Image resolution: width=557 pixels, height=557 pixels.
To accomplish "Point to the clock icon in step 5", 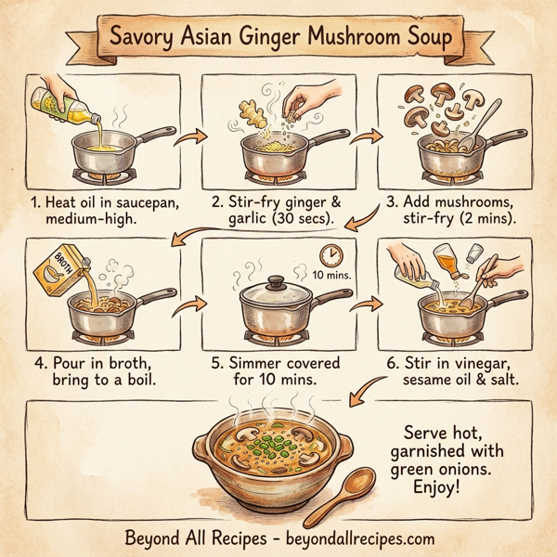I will point(328,254).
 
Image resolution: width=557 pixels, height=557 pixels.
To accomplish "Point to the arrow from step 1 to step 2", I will point(192,138).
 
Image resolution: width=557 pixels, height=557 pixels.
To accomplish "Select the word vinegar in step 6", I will point(491,363).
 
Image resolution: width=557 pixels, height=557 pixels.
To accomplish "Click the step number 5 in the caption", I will point(215,363).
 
